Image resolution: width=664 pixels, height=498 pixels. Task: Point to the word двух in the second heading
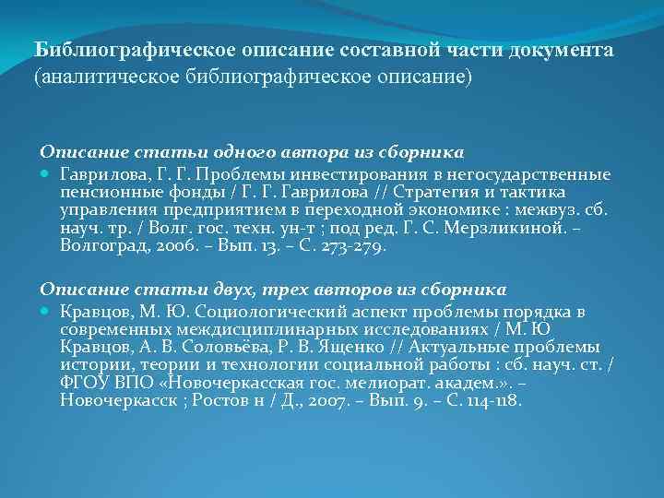pos(218,290)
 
